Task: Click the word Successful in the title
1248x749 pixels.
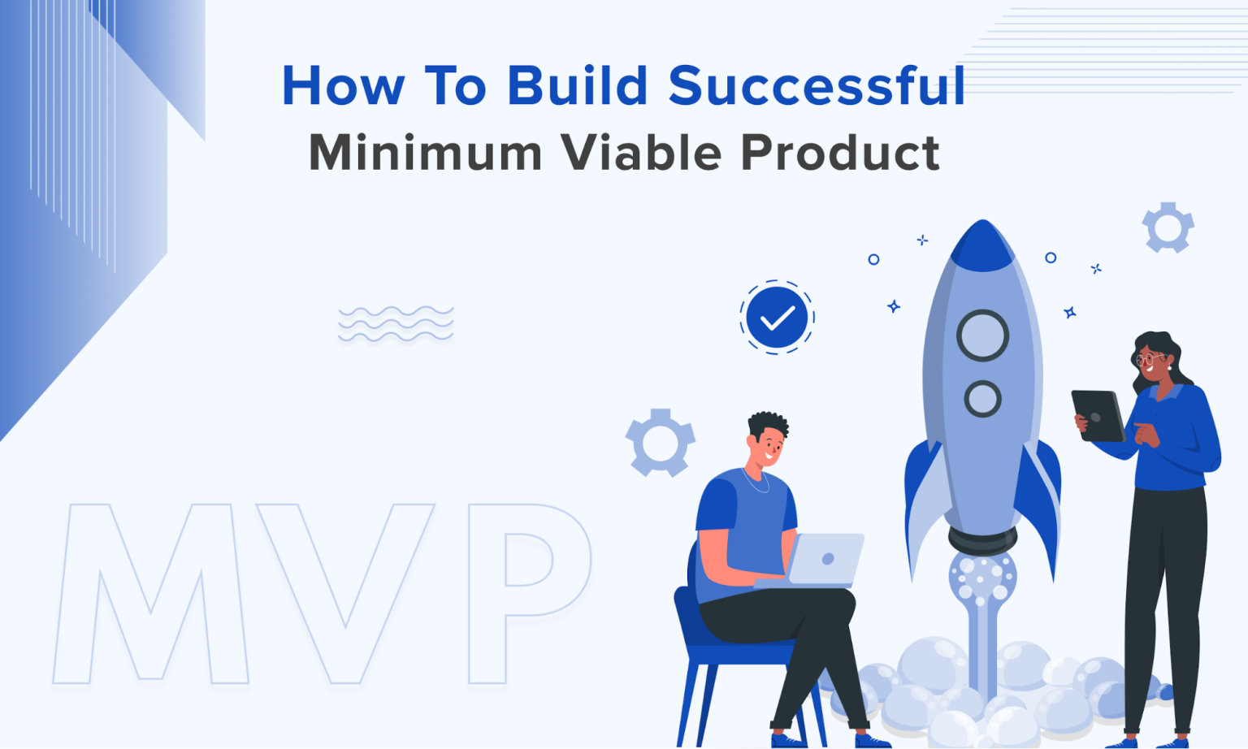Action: [817, 86]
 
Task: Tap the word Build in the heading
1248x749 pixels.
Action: [577, 86]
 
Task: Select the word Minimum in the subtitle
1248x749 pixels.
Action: [425, 153]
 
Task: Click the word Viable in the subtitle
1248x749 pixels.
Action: [641, 153]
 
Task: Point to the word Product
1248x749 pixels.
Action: [840, 153]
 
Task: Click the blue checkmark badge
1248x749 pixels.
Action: [777, 318]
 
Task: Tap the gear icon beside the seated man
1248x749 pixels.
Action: [660, 443]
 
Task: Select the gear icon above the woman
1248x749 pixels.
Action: [1168, 227]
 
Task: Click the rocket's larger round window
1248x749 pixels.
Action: [982, 336]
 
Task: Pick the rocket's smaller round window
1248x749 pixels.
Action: [982, 399]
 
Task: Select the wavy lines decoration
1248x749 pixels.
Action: [396, 324]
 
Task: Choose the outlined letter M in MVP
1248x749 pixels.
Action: [150, 593]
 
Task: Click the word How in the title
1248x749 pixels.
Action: [343, 86]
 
